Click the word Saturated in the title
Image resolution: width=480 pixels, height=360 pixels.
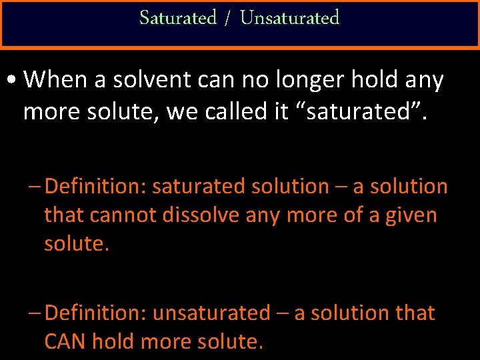tap(178, 18)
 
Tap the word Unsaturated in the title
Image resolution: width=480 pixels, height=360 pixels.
tap(289, 18)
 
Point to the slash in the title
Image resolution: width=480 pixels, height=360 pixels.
tap(228, 19)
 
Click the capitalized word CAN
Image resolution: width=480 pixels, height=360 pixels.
tap(65, 341)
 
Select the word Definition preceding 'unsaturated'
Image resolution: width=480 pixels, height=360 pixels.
tap(97, 313)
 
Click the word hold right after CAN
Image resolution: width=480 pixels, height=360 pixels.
tap(114, 341)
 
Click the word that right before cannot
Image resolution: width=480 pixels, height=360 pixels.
tap(64, 215)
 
